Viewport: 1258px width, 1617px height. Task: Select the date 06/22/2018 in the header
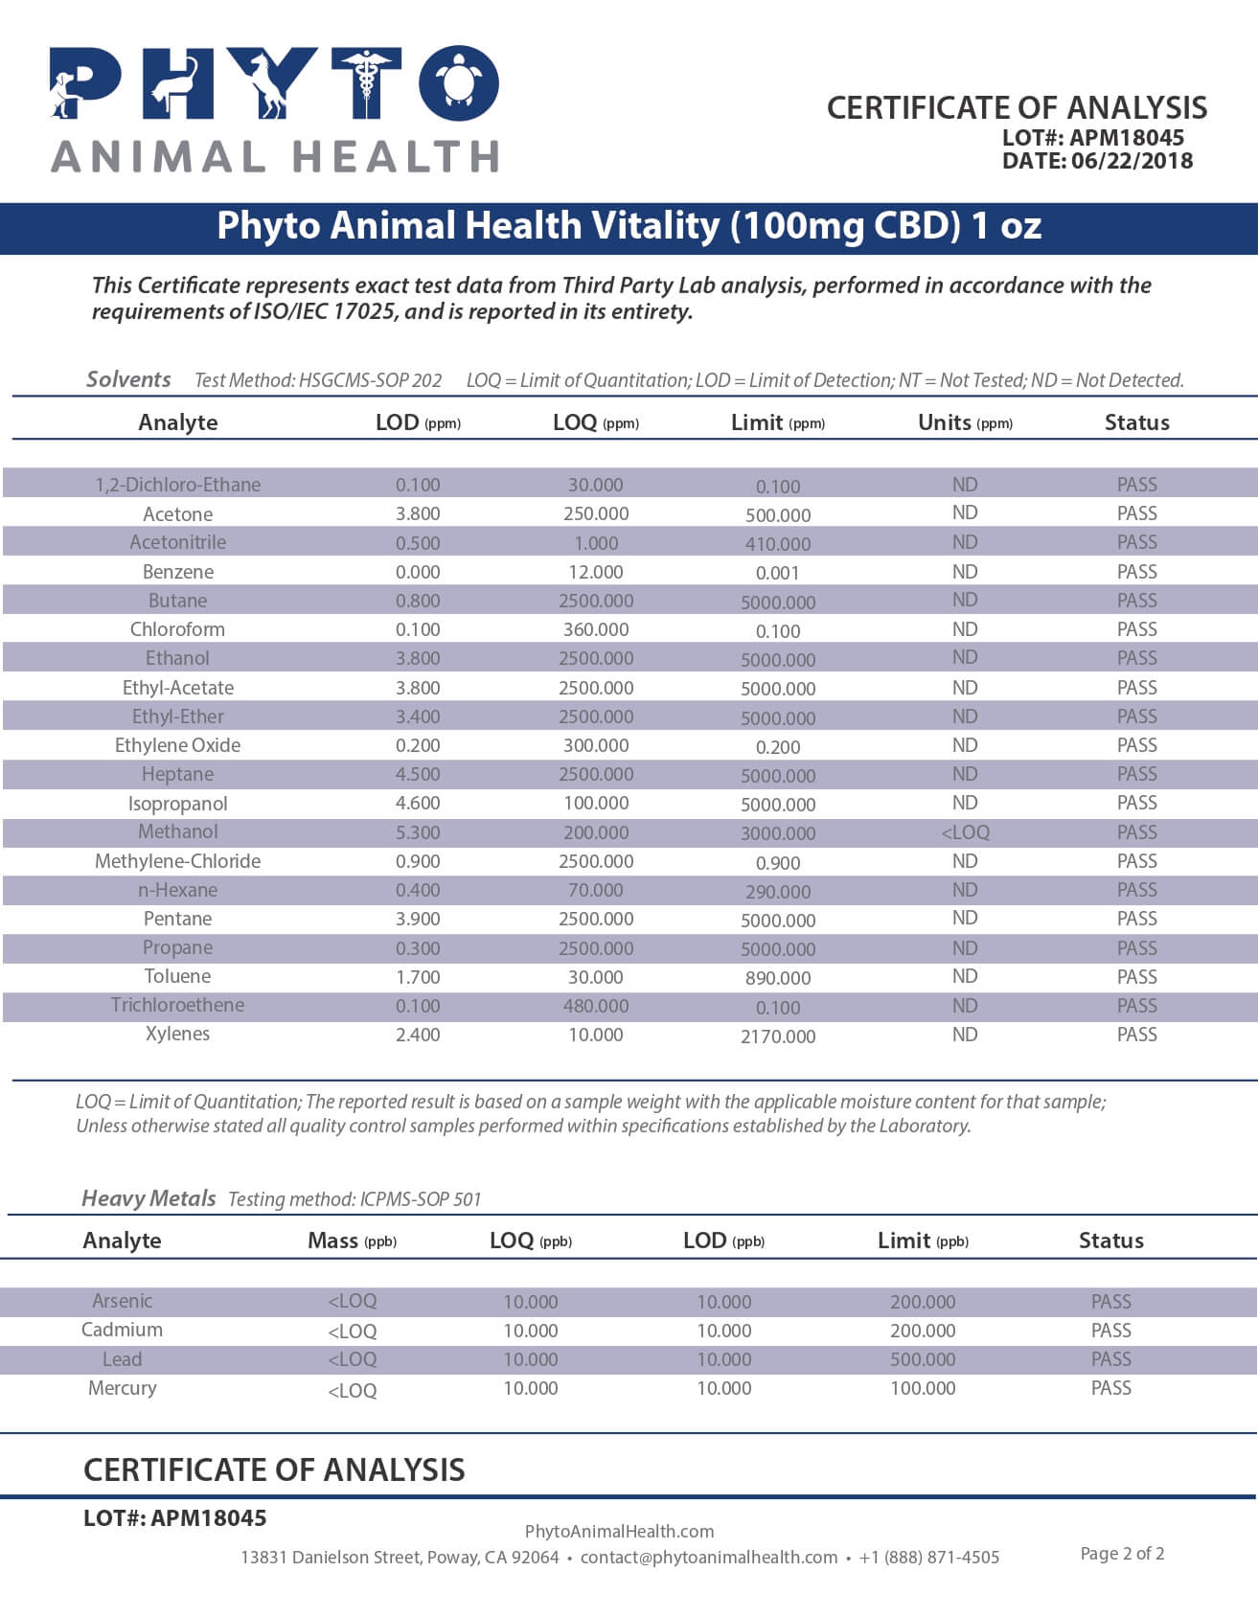pyautogui.click(x=1132, y=161)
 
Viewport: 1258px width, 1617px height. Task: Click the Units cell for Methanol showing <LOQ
pyautogui.click(x=965, y=832)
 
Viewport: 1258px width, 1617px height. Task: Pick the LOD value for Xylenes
pyautogui.click(x=418, y=1035)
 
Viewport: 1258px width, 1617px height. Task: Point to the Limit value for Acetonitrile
pyautogui.click(x=777, y=544)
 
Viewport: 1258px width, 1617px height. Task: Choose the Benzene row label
pyautogui.click(x=178, y=572)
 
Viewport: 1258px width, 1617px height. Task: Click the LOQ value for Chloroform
pyautogui.click(x=595, y=629)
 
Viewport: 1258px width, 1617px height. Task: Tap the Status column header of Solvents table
pyautogui.click(x=1136, y=422)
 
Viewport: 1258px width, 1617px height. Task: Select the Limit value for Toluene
pyautogui.click(x=777, y=978)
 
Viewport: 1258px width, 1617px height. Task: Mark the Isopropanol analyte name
pyautogui.click(x=178, y=804)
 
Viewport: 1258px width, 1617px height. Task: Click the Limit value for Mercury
pyautogui.click(x=922, y=1388)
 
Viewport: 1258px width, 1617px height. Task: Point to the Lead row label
pyautogui.click(x=122, y=1359)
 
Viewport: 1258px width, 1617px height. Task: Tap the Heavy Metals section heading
pyautogui.click(x=149, y=1198)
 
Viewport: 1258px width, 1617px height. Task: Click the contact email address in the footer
pyautogui.click(x=708, y=1558)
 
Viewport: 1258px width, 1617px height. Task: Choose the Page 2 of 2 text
pyautogui.click(x=1122, y=1553)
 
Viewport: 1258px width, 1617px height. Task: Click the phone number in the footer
pyautogui.click(x=928, y=1558)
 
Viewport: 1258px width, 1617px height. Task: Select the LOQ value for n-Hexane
pyautogui.click(x=595, y=890)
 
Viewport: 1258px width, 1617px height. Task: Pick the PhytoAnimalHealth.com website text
pyautogui.click(x=619, y=1531)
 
